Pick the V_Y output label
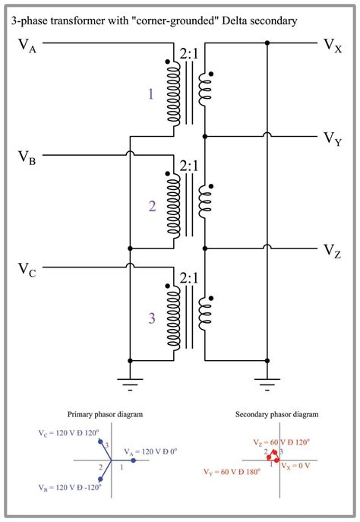(332, 138)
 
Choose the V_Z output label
(332, 252)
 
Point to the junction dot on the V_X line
(266, 43)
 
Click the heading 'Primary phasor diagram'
(112, 415)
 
